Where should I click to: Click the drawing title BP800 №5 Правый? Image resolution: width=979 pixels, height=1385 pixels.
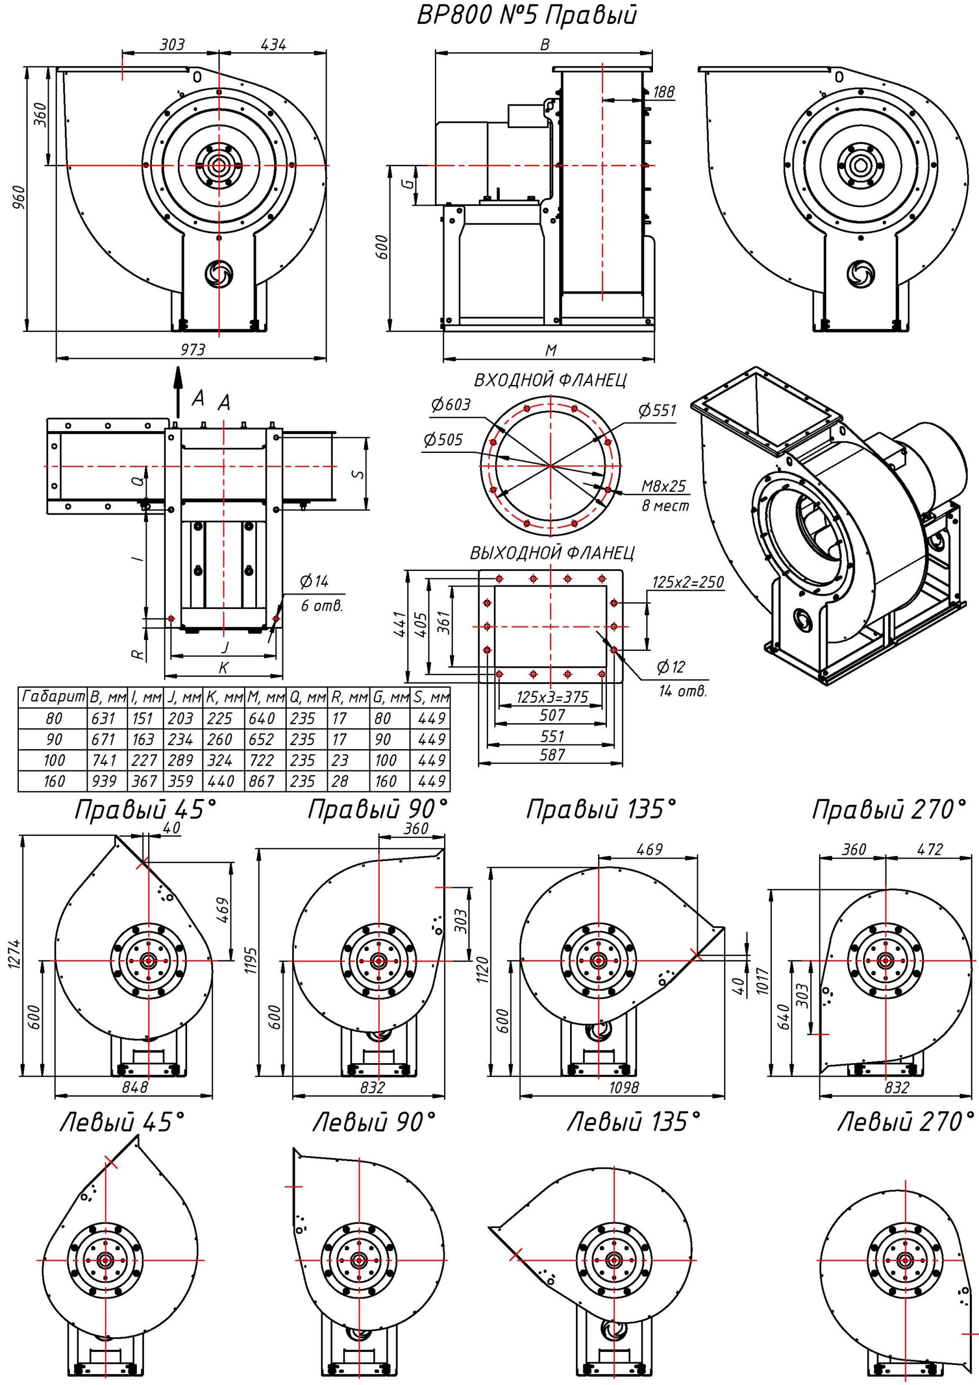coord(526,16)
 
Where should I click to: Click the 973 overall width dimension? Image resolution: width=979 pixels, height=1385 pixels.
coord(192,350)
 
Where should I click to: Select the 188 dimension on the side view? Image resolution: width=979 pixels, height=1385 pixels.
coord(664,91)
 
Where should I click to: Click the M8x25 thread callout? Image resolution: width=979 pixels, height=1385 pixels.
coord(664,486)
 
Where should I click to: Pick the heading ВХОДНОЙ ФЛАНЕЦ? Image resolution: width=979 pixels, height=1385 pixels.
coord(550,381)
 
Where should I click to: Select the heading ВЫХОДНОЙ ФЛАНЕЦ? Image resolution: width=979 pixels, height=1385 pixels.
coord(552,553)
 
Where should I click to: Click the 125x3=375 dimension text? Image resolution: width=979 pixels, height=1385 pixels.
coord(552,697)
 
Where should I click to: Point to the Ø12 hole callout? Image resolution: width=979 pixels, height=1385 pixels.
coord(670,667)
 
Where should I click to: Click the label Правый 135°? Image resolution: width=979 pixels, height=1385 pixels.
coord(601,809)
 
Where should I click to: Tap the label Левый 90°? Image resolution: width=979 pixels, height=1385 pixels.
coord(374,1123)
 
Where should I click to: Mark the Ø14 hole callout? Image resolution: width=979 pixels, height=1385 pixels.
coord(314,582)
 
